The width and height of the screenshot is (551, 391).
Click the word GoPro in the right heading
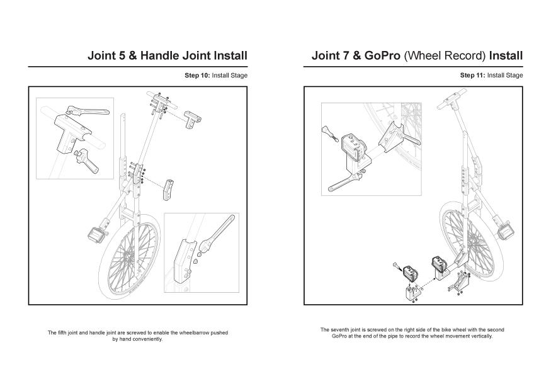[382, 55]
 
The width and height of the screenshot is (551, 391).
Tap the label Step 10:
[197, 75]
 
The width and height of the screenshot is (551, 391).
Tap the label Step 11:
[473, 75]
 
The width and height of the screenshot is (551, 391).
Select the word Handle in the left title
[160, 55]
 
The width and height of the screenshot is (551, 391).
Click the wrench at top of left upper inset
[88, 110]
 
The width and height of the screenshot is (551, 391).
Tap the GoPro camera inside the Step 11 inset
[353, 147]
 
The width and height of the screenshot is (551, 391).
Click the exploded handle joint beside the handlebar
[193, 119]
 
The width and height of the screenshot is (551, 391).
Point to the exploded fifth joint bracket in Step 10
[168, 190]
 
